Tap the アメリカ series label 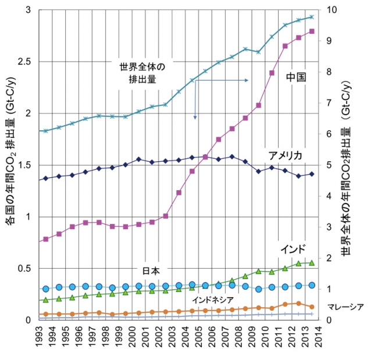point(285,155)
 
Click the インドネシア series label point(212,298)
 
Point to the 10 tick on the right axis point(333,10)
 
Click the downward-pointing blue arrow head point(195,117)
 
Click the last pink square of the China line point(312,31)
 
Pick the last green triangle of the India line point(312,263)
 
